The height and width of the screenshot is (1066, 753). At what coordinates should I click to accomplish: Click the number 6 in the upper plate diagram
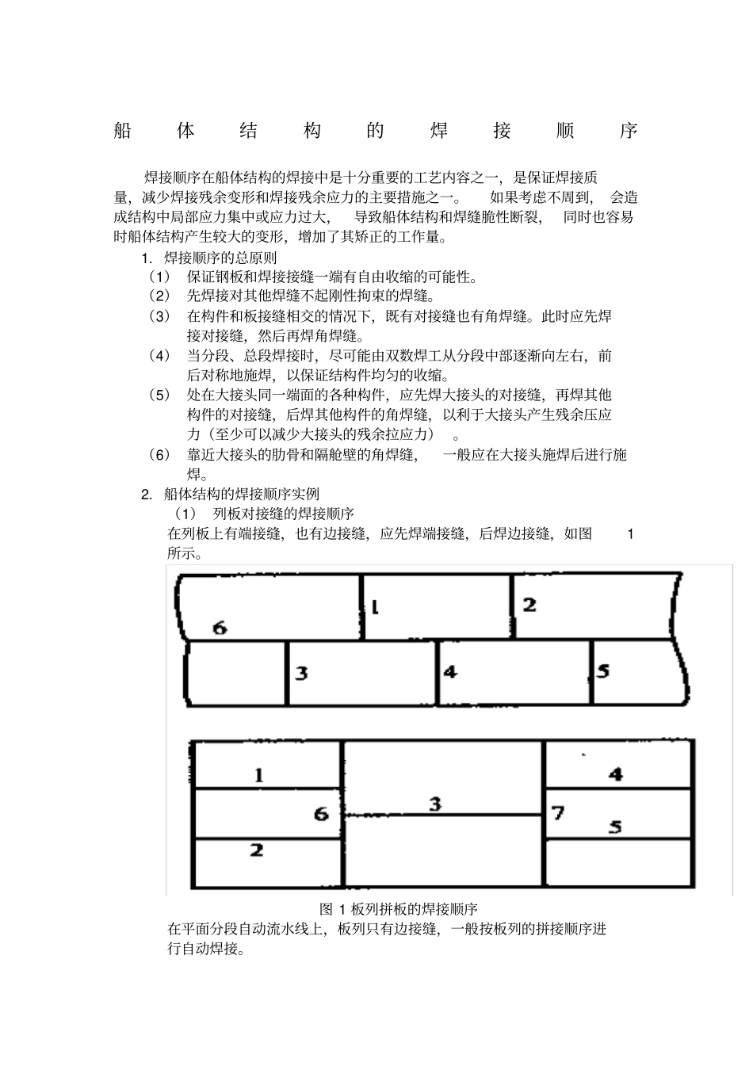[220, 629]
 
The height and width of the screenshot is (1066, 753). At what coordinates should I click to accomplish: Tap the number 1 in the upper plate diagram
[375, 607]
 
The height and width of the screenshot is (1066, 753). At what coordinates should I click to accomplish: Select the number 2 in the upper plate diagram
[529, 605]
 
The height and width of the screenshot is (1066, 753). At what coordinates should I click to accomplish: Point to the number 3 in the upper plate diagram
[301, 674]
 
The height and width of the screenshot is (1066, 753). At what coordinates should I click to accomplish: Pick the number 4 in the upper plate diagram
[450, 671]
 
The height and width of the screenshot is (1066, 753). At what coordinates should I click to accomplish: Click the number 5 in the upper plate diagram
[603, 671]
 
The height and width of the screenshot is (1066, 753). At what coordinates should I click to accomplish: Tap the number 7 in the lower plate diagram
[558, 812]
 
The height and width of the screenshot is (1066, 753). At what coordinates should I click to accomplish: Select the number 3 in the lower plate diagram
[435, 804]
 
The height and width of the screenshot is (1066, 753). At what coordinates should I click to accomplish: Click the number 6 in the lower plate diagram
[321, 814]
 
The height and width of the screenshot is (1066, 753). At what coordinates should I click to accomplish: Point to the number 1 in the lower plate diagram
[259, 775]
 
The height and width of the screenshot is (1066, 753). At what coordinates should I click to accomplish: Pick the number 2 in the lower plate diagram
[256, 850]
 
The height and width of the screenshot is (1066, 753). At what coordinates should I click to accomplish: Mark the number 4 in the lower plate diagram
[615, 774]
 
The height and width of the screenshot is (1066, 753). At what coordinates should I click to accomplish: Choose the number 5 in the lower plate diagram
[615, 827]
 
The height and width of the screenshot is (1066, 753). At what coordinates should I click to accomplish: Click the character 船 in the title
[123, 131]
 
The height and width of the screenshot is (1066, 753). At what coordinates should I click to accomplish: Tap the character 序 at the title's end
[629, 131]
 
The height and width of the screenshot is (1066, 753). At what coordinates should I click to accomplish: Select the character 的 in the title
[376, 131]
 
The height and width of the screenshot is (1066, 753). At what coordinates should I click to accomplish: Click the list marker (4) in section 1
[159, 356]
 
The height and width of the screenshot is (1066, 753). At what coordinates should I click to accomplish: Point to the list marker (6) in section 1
[159, 455]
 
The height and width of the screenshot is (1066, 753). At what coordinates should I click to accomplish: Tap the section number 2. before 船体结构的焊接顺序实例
[147, 495]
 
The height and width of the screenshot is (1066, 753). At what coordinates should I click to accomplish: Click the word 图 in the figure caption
[326, 908]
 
